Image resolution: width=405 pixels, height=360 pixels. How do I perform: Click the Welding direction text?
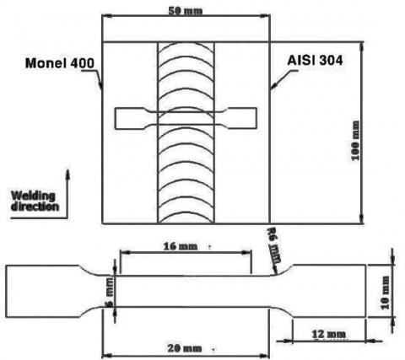coord(35,201)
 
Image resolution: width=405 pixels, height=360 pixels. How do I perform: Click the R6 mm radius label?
coord(271,244)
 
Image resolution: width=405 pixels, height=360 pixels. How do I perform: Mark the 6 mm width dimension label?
coord(108,289)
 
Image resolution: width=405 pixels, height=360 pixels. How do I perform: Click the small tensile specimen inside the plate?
coord(185,119)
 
